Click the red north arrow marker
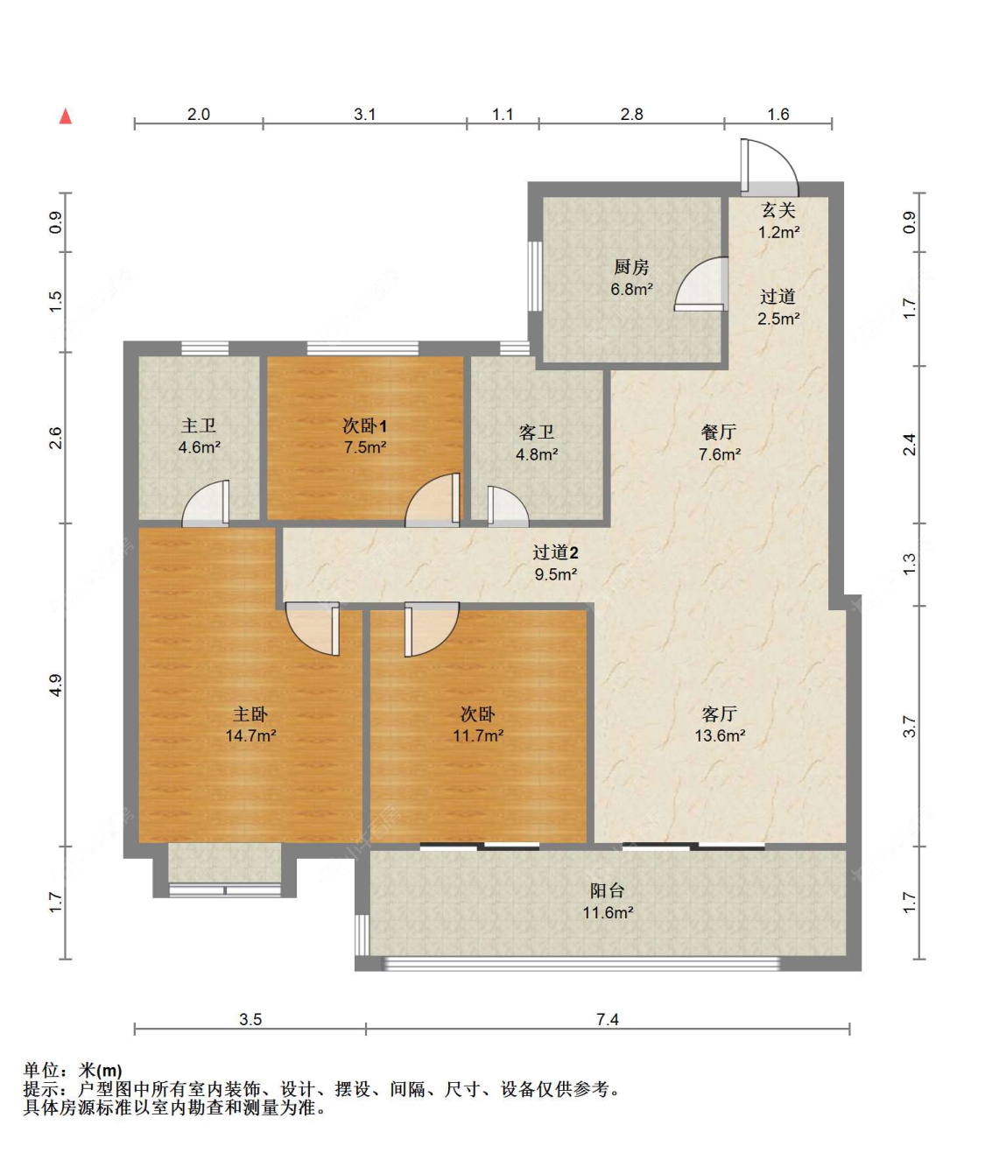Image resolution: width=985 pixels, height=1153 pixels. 66,116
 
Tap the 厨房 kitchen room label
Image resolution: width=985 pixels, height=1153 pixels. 631,267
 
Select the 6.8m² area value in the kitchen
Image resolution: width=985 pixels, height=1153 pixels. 631,289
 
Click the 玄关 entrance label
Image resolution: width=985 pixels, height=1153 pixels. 778,210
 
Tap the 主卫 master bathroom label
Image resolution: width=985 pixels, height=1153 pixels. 198,425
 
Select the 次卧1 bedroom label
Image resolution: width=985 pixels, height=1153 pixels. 364,426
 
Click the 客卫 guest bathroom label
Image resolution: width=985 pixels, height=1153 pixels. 536,432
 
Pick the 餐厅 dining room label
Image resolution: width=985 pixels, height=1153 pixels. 718,432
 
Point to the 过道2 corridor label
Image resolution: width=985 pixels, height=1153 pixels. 555,552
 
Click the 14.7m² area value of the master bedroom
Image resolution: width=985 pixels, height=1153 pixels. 250,735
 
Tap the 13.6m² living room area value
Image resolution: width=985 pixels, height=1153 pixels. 720,735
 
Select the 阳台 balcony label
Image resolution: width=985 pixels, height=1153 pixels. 607,891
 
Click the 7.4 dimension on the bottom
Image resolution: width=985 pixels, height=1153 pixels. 608,1020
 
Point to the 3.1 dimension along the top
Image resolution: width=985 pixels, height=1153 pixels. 365,115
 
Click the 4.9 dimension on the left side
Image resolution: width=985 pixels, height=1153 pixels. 56,685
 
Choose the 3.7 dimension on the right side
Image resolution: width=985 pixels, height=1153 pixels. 909,727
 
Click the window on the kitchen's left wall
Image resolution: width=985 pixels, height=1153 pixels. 534,276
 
